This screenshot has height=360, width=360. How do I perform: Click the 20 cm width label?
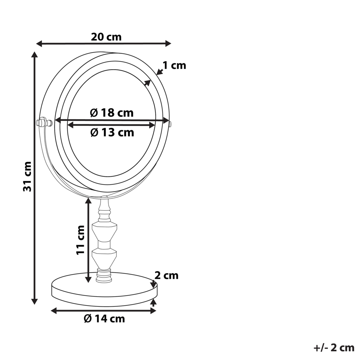click(106, 37)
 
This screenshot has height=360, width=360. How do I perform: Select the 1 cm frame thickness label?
click(174, 66)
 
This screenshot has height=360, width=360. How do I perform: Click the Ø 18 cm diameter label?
click(112, 113)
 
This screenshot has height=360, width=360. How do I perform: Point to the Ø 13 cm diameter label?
click(112, 132)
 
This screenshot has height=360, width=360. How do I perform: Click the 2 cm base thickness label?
click(166, 276)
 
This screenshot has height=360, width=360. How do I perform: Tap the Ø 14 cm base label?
click(104, 319)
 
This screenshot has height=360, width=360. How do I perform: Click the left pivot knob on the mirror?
click(42, 122)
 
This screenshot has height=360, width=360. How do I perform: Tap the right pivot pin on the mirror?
click(170, 124)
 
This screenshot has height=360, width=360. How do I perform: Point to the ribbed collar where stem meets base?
click(104, 277)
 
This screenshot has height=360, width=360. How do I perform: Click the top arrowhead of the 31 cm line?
click(35, 55)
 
